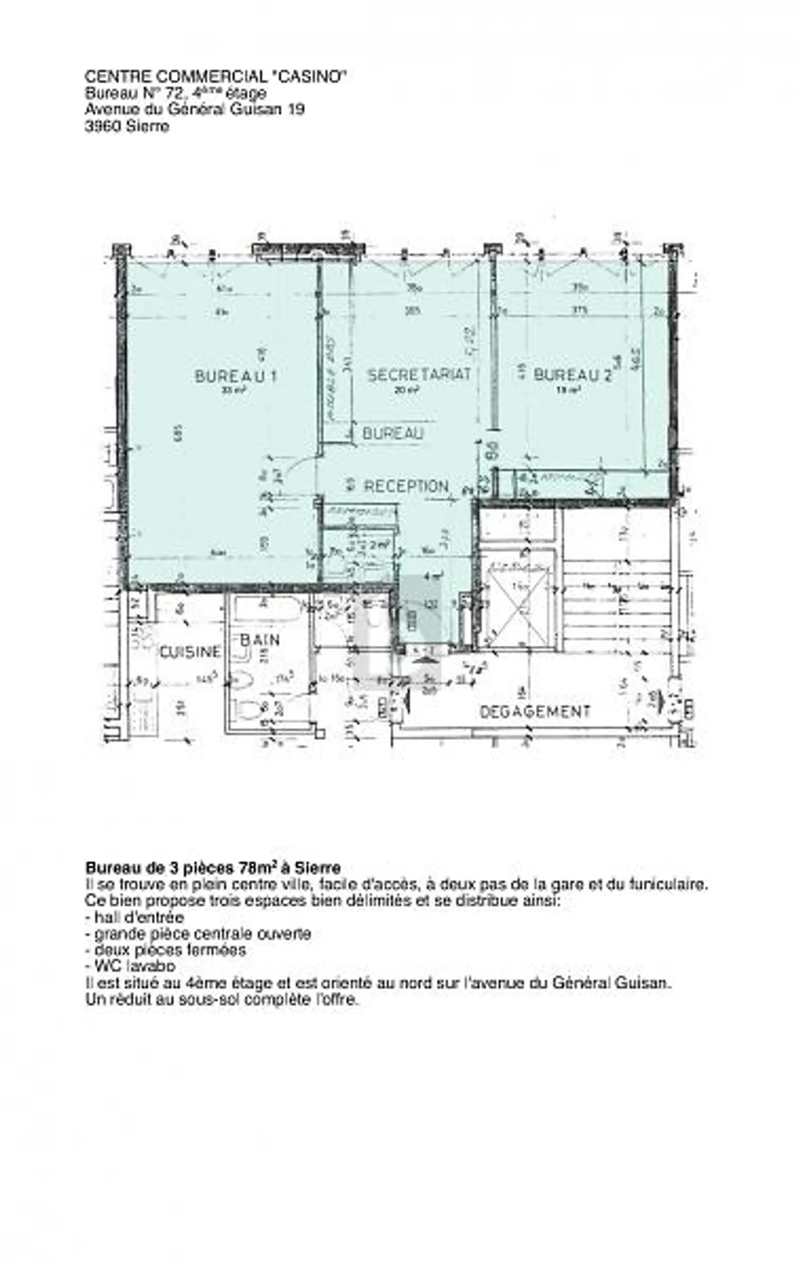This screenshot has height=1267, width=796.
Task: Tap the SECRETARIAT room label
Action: (419, 375)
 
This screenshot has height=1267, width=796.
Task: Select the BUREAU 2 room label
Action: (572, 376)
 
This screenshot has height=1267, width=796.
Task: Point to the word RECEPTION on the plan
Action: (405, 486)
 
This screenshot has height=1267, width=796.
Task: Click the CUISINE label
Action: (190, 652)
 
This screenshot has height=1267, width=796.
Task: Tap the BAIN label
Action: (260, 640)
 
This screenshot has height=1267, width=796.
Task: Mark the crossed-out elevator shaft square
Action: (517, 613)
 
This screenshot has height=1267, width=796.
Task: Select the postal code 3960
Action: (103, 127)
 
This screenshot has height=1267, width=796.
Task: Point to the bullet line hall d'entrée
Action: (134, 918)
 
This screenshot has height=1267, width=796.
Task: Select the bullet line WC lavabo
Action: (130, 966)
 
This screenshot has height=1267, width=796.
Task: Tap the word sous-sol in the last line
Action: (213, 999)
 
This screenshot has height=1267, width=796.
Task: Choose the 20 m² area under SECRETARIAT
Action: (406, 390)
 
